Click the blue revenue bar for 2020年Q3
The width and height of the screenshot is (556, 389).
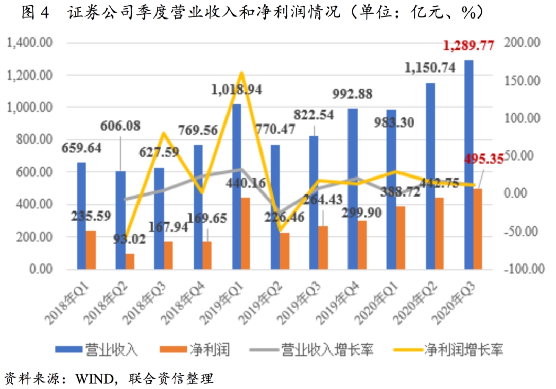point(468,165)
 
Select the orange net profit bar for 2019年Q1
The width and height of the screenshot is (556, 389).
point(245,233)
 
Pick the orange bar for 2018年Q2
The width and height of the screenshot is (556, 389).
point(129,261)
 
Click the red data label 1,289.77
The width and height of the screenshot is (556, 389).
point(468,46)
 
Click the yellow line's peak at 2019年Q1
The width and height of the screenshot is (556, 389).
point(240,73)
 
